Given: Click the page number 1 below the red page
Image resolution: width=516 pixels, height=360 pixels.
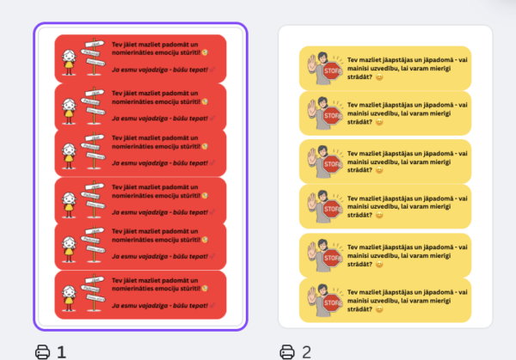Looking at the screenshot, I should (x=61, y=351).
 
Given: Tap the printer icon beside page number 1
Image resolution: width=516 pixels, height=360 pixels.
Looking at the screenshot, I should (x=42, y=351).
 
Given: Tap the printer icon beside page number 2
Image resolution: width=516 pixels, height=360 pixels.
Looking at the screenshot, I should (x=286, y=351).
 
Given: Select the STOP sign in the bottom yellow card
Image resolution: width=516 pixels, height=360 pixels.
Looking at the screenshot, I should (x=331, y=304).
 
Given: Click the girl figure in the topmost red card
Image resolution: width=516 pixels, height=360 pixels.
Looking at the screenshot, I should (x=69, y=59).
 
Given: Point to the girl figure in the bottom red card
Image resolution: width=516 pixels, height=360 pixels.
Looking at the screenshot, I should (x=69, y=295).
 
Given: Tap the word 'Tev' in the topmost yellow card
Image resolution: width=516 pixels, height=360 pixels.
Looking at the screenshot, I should (x=353, y=59).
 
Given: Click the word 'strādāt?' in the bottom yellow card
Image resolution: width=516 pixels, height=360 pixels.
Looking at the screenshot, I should (x=361, y=309).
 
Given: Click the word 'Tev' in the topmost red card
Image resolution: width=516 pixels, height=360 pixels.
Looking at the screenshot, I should (x=117, y=43).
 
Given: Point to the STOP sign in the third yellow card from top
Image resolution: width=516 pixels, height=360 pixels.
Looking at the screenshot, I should (x=331, y=165).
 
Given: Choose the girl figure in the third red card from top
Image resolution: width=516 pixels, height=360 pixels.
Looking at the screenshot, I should (x=69, y=154).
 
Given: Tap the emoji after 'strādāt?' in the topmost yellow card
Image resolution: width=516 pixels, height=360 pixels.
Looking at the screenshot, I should (x=381, y=76).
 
